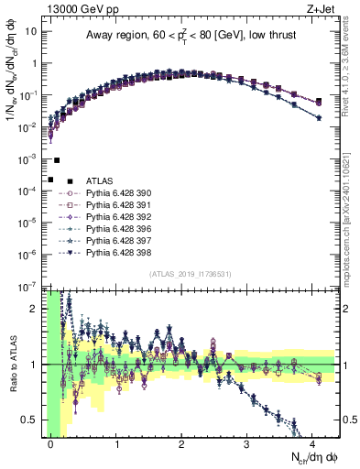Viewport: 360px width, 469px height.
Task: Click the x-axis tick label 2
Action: (x=182, y=443)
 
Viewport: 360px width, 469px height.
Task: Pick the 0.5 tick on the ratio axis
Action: (x=31, y=420)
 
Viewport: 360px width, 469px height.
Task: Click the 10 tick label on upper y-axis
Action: (x=30, y=31)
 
